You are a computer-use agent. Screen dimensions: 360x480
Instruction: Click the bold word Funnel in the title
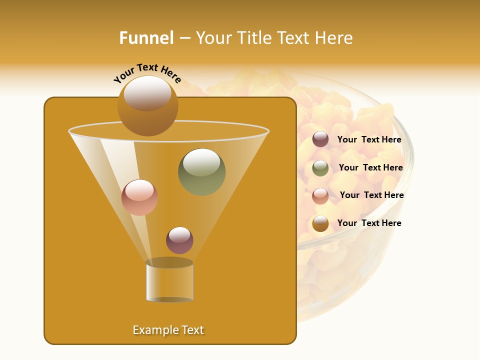pos(146,38)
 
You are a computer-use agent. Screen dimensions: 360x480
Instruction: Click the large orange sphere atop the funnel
pos(148,106)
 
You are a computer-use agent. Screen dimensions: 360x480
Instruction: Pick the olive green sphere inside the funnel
pos(202,172)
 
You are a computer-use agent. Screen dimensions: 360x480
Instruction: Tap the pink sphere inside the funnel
pos(140,197)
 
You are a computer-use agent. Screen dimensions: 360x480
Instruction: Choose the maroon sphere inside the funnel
pos(179,240)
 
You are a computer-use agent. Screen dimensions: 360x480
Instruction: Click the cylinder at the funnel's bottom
pos(169,280)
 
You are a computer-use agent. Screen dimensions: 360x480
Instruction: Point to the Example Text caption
pos(168,330)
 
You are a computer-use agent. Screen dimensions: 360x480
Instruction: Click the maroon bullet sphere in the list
pos(320,139)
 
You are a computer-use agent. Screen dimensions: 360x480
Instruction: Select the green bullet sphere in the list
pos(320,168)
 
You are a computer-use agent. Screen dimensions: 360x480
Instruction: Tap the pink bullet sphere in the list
pos(320,196)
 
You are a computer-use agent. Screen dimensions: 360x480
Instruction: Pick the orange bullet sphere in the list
pos(320,223)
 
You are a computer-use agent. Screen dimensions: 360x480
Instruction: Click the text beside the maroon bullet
pos(369,139)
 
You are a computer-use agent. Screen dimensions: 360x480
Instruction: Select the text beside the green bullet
pos(371,167)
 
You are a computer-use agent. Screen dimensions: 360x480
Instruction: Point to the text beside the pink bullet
pos(372,195)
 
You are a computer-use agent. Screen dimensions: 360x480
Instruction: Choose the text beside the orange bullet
pos(369,223)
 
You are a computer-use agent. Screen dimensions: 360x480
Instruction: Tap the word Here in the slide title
pos(334,38)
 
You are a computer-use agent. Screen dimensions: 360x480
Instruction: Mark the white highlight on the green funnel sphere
pos(201,162)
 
